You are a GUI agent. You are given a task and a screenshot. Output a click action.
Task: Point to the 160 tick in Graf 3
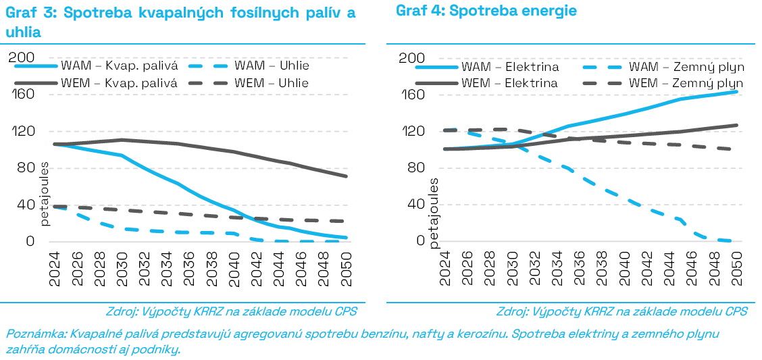click(x=23, y=95)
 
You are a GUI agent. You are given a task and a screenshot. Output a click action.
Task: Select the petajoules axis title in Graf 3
click(x=45, y=193)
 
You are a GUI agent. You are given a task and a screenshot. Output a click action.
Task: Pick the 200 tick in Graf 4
click(x=412, y=58)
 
